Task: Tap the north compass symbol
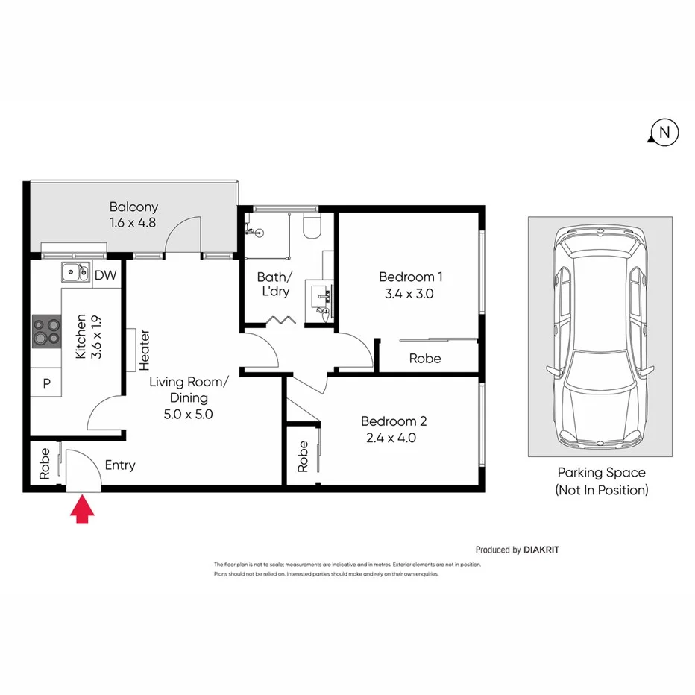(664, 133)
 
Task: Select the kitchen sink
(75, 274)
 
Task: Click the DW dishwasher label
(106, 276)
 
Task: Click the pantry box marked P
(46, 383)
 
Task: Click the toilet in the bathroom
(312, 225)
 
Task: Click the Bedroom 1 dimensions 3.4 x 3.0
(409, 294)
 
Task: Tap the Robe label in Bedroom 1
(425, 359)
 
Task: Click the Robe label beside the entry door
(45, 463)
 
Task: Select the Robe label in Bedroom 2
(303, 456)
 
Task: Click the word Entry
(120, 465)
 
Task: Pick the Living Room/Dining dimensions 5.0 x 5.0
(189, 415)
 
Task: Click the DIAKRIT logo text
(541, 550)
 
